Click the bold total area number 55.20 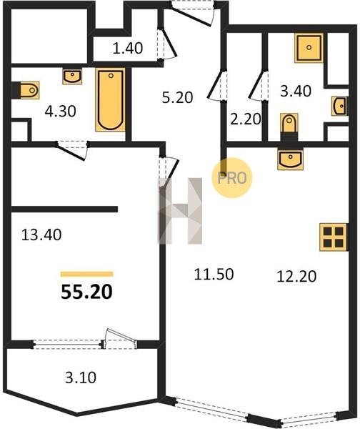click(x=86, y=292)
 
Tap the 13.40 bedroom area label click(x=41, y=235)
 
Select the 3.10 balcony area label click(x=81, y=378)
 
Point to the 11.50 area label click(x=214, y=274)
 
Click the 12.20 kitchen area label click(x=296, y=276)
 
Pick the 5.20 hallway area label click(x=177, y=97)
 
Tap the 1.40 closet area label click(x=128, y=48)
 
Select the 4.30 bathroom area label click(x=60, y=112)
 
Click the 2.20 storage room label click(x=246, y=119)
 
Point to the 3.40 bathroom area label click(x=296, y=91)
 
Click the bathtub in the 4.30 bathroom click(x=111, y=99)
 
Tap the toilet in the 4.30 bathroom click(x=27, y=90)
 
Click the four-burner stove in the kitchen click(x=334, y=237)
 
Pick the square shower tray click(x=309, y=48)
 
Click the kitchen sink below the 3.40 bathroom click(x=290, y=159)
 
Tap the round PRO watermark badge click(x=232, y=178)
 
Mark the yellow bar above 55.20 click(x=87, y=274)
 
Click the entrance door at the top click(x=193, y=13)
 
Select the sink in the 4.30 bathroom click(x=72, y=77)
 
